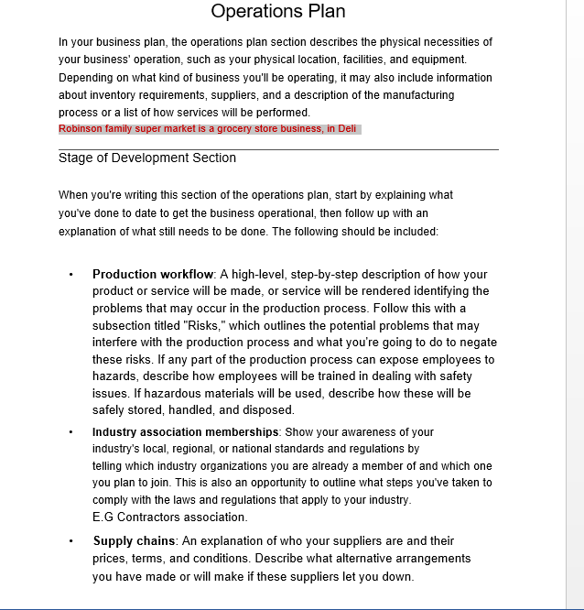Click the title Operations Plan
pos(278,12)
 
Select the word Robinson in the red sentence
pos(81,129)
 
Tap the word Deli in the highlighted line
pos(347,129)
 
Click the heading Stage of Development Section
pos(147,158)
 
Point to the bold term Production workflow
pos(153,274)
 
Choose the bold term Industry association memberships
pos(186,431)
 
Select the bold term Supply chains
pos(134,541)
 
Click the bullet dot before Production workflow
pos(70,275)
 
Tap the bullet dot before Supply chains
pos(70,541)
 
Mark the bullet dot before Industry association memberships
pos(70,431)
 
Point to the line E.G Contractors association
pos(170,517)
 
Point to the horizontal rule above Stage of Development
pos(278,148)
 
